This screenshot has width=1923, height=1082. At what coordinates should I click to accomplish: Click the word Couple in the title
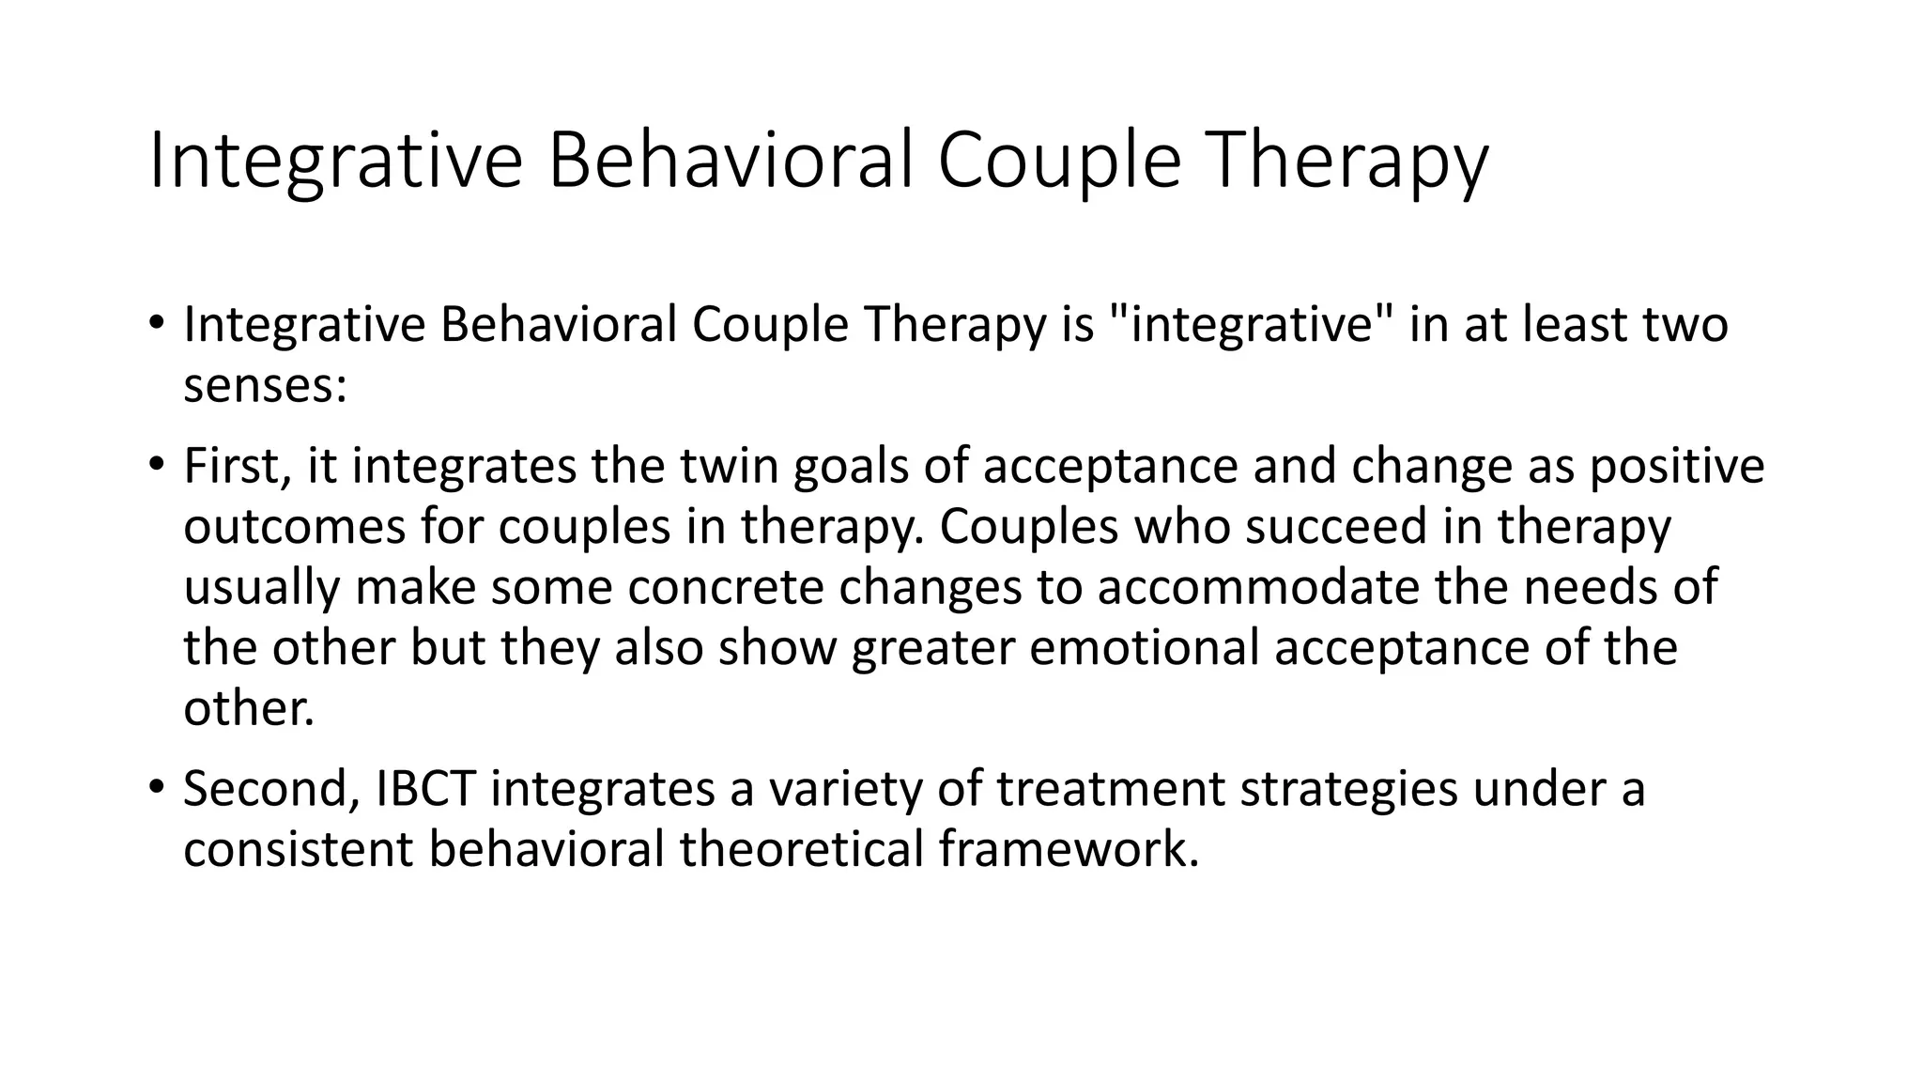[1058, 162]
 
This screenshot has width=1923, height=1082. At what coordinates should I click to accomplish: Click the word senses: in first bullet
[265, 386]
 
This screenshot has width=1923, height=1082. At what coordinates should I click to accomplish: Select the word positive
[1677, 467]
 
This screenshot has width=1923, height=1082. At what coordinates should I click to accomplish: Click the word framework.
[1069, 849]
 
